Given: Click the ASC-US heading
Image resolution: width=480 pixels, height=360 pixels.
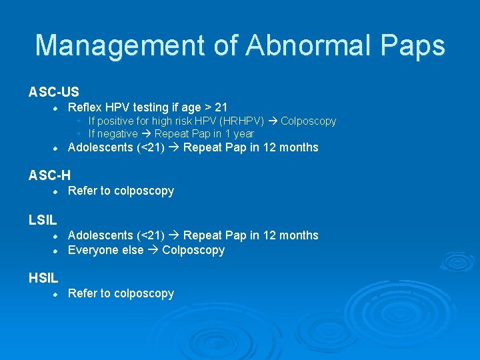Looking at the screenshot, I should (x=53, y=91).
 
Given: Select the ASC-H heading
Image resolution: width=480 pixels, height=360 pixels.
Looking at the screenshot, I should (x=49, y=175).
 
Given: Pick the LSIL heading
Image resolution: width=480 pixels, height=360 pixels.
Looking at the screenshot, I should (x=43, y=219).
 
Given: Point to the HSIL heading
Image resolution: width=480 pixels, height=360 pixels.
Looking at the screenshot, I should (x=43, y=277).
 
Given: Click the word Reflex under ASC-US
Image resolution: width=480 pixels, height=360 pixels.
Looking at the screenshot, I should (x=84, y=107).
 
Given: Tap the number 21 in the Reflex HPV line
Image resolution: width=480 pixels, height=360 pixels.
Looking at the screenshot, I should (x=221, y=107).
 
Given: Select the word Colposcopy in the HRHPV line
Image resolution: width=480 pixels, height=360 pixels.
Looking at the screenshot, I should (x=308, y=121).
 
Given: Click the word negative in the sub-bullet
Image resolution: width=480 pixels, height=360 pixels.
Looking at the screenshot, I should (x=118, y=133).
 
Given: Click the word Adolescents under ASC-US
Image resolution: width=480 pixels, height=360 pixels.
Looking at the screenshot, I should (x=101, y=147).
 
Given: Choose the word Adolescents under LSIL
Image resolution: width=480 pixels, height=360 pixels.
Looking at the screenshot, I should (x=101, y=235).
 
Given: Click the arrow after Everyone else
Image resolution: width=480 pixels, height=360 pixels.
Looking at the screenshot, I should (x=153, y=250).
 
